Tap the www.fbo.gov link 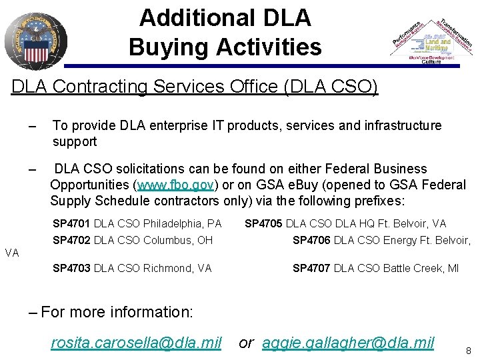coord(175,185)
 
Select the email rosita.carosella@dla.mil coord(136,343)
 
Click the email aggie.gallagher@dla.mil coord(348,343)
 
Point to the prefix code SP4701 coord(73,223)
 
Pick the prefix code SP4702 coord(73,240)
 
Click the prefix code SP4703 coord(73,268)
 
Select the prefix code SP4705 coord(265,223)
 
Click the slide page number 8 coord(469,349)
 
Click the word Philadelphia coord(170,223)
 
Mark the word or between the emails coord(246,343)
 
